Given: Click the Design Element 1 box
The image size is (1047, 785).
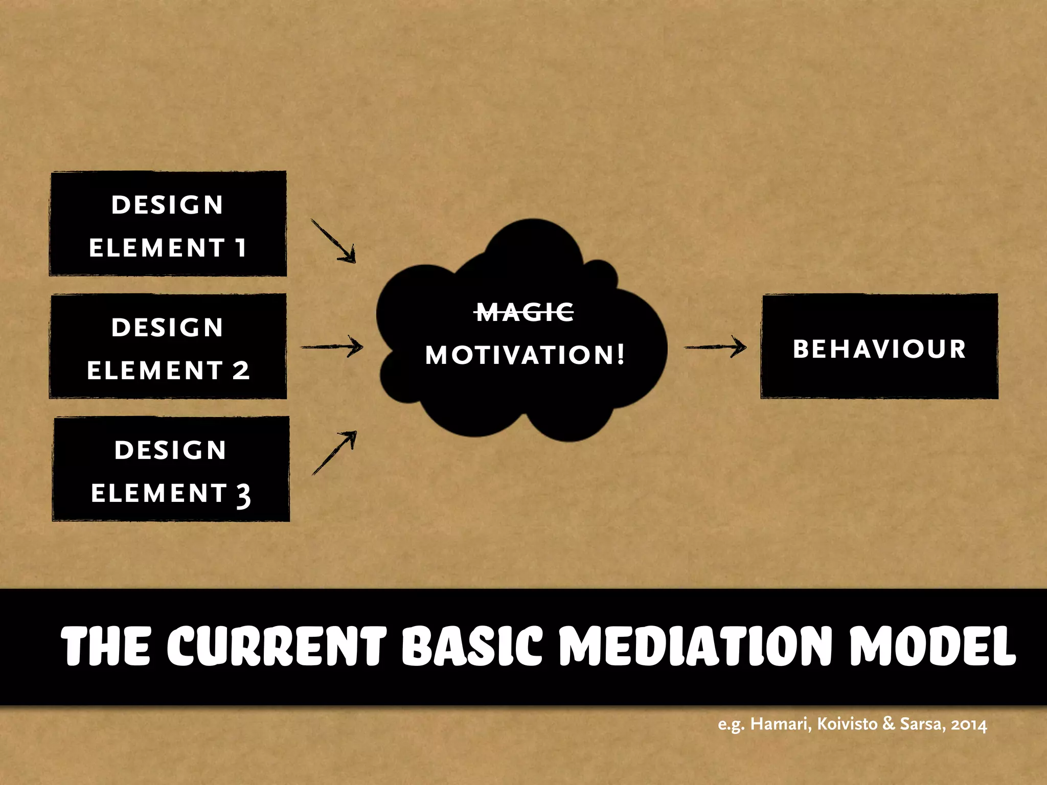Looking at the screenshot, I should (x=168, y=224).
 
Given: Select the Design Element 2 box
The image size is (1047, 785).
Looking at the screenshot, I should (x=168, y=347).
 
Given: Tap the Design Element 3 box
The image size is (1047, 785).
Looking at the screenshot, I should (x=171, y=469).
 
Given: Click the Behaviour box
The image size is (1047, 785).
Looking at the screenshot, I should (x=879, y=347).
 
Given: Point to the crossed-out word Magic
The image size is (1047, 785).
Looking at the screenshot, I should (x=525, y=312).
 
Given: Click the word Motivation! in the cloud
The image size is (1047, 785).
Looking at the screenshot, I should (x=525, y=355).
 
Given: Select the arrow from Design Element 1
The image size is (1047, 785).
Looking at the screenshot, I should (x=333, y=241).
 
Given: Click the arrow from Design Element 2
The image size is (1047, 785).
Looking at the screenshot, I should (x=332, y=347).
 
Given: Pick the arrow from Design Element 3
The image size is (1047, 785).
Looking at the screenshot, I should (x=334, y=452).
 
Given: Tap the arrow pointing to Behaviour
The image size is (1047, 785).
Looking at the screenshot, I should (x=715, y=347).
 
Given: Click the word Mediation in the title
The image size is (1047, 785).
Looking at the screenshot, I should (x=697, y=646).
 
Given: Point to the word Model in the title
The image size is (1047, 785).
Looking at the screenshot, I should (x=932, y=646).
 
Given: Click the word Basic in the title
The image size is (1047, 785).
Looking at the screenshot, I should (x=471, y=646).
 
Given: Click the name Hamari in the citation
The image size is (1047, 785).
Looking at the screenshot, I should (x=780, y=724).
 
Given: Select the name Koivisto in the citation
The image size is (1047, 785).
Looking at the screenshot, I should (x=847, y=724).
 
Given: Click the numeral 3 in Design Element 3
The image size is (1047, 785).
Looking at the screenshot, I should (x=243, y=495).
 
